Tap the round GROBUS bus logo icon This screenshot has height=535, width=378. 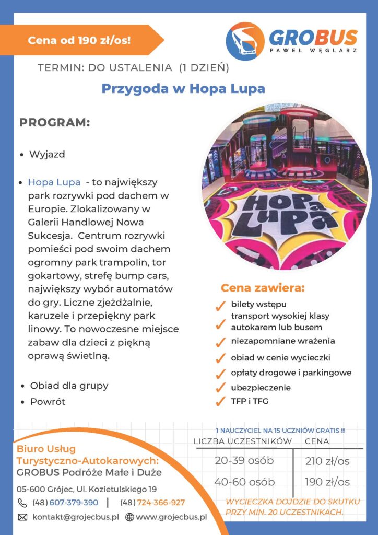tap(245, 41)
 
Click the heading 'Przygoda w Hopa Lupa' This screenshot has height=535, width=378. tap(183, 88)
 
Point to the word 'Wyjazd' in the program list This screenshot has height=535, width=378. tap(47, 155)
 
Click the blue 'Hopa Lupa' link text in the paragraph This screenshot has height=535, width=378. tap(54, 182)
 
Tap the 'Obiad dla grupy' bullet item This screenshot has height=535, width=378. tap(69, 386)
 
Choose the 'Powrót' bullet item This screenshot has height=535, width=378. tap(48, 402)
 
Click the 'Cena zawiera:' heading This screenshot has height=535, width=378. tap(263, 288)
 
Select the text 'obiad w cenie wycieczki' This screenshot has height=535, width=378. tap(281, 358)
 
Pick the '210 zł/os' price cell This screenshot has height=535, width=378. tap(327, 461)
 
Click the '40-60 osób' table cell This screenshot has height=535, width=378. tap(244, 481)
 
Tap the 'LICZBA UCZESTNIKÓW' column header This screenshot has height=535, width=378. tap(242, 441)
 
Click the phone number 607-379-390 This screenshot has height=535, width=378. tap(74, 502)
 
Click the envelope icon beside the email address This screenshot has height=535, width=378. tap(22, 517)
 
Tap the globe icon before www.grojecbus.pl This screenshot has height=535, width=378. tap(129, 517)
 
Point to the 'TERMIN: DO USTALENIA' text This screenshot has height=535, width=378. tap(105, 67)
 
